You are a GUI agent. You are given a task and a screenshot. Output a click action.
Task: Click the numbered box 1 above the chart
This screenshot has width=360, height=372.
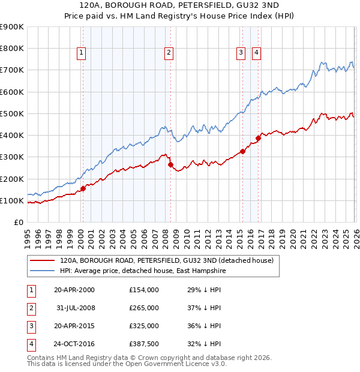(x=80, y=53)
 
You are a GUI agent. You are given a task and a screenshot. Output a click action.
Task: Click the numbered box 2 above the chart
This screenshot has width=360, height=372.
(x=169, y=53)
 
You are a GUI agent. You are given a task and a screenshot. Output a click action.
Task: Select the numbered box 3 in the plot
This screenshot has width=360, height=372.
(x=240, y=53)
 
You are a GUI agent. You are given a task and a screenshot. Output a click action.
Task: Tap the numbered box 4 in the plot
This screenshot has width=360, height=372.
(x=256, y=53)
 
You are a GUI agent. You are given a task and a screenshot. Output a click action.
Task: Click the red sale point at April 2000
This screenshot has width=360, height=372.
(x=83, y=188)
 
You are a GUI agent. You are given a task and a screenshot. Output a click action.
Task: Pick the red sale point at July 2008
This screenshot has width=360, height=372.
(x=170, y=164)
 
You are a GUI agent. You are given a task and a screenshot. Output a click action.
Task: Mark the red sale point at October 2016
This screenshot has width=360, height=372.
(x=258, y=138)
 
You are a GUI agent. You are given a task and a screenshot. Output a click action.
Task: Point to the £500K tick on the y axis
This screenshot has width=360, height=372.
(x=12, y=113)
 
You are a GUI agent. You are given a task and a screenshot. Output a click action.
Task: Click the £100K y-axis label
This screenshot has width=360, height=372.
(x=12, y=200)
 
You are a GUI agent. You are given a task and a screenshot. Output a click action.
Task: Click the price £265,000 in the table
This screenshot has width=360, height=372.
(x=143, y=308)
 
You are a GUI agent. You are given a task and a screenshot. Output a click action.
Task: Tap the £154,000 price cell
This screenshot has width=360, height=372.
(x=143, y=290)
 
